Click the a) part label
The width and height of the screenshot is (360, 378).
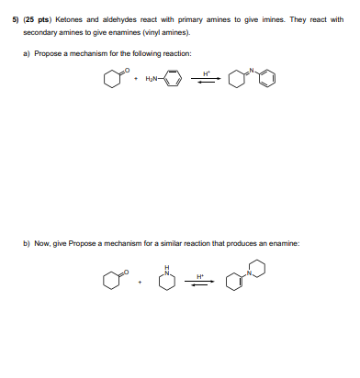click(x=28, y=53)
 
